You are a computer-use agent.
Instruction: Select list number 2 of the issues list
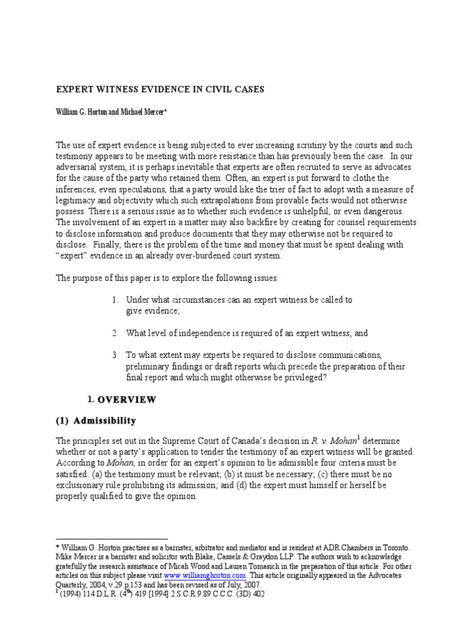point(115,333)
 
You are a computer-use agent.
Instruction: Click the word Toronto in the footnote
point(393,548)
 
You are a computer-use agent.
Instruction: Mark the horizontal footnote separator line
point(112,538)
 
